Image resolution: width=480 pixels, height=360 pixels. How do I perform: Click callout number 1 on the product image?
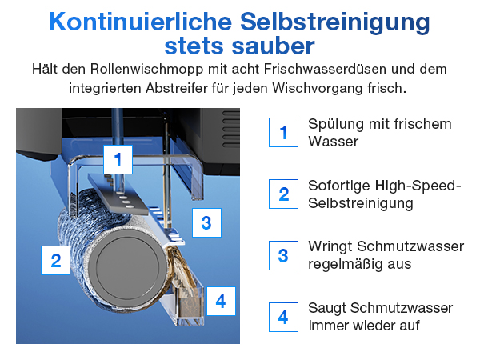point(118,160)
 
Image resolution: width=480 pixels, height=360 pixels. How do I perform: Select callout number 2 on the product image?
point(56,260)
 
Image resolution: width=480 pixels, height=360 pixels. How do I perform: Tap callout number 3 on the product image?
point(206,222)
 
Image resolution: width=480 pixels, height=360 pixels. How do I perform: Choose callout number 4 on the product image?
point(221,302)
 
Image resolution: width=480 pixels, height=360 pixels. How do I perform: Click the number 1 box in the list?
point(282,132)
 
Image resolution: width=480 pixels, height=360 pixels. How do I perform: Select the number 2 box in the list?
point(282,194)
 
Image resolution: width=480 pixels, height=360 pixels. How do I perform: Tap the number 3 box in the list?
point(282,255)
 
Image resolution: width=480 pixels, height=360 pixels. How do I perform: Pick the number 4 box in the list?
point(282,317)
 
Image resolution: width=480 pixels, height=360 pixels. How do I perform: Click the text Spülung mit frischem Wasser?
point(380,132)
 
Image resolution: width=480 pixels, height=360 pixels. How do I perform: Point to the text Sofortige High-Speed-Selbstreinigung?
point(385,194)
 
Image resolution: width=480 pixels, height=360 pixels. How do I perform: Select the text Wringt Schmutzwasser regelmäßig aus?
point(386,255)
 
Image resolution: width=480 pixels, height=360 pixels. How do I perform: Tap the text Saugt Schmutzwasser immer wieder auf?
point(381,317)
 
